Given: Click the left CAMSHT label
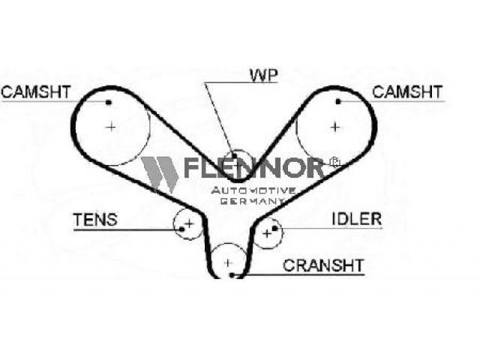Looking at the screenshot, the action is coord(36,91).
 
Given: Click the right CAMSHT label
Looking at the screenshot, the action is coord(407,91).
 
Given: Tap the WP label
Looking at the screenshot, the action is coord(264,76).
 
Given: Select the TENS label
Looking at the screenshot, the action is coord(95,220).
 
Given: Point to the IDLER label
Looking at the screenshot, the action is coord(357,219).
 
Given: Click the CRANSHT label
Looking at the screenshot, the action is coord(323,265).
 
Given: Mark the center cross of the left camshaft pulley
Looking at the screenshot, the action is coord(111,127).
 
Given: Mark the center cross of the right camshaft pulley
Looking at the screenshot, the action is coord(335,127).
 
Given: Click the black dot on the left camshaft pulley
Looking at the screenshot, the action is coord(108,103).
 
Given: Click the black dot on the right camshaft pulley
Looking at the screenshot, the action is coord(338,101).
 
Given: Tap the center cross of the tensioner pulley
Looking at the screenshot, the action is coord(190,223).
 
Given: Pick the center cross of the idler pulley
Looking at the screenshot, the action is coord(267,234).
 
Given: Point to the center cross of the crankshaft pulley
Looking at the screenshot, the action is coord(228,262).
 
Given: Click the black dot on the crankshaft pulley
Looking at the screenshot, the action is coord(232,275).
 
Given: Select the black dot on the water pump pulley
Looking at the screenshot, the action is coord(234,157).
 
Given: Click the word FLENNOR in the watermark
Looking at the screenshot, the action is coord(253,167).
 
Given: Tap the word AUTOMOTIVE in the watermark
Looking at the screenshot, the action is coord(253,190).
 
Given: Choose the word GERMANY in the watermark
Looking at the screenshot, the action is coord(253,201).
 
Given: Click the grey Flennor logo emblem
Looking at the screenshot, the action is coord(160,175).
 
